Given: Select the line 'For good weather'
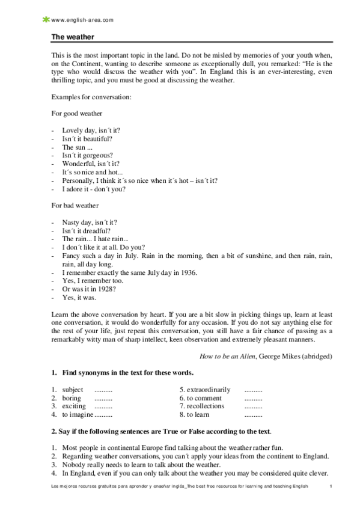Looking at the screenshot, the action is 76,113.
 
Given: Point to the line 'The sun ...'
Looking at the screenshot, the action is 77,146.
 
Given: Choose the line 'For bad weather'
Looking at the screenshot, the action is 75,206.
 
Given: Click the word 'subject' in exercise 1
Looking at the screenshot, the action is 73,390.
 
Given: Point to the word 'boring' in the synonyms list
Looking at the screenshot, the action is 72,398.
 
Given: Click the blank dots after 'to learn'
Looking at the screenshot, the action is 254,415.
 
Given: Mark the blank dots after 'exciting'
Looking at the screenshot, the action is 103,407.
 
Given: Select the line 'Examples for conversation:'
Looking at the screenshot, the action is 88,96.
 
